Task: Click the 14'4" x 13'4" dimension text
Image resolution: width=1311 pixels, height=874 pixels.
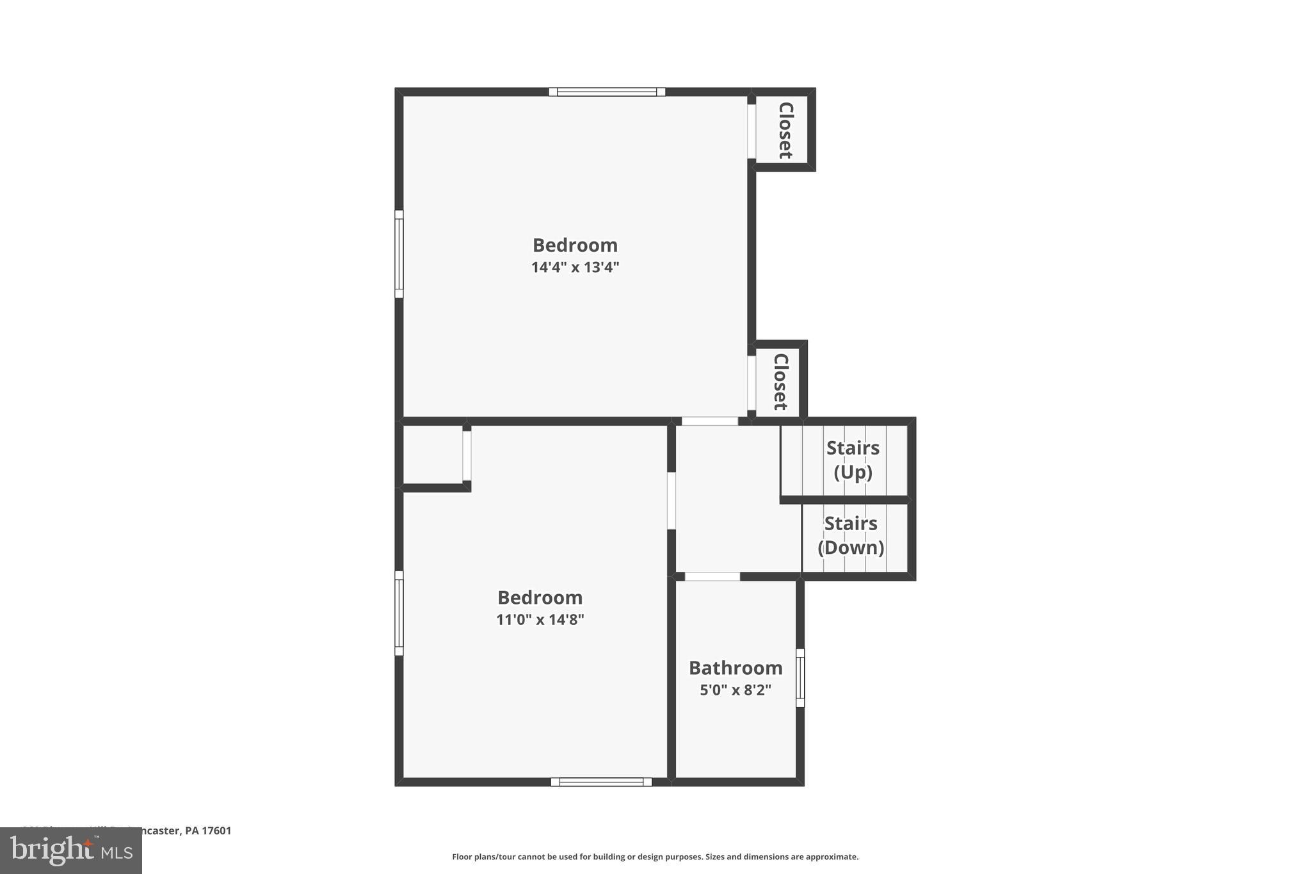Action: pos(575,267)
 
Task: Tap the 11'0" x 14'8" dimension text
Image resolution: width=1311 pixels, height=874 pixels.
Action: pos(540,619)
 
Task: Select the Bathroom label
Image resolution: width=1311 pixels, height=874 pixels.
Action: pos(736,668)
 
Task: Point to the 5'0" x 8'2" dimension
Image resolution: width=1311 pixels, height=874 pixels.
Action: pos(736,690)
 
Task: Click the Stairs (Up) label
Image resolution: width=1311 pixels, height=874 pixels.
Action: pos(853,460)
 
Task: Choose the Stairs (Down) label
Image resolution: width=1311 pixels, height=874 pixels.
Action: pos(851,535)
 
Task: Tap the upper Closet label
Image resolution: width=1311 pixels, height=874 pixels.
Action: pos(785,130)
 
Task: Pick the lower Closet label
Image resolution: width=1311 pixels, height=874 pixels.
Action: pos(780,382)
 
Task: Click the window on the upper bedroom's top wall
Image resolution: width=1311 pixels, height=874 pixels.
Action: pos(607,92)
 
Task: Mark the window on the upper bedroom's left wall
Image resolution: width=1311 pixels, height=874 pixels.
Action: pos(399,254)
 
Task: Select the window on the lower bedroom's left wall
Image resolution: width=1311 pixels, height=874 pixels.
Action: pos(399,613)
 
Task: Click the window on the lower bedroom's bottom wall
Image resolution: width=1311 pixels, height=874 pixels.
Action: pos(601,782)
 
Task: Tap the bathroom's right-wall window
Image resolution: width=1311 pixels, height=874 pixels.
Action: pos(800,677)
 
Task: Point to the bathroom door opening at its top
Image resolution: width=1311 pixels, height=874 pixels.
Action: pos(712,577)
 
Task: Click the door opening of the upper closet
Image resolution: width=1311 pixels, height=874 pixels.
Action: pos(752,131)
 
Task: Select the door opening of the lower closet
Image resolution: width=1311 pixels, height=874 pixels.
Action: pos(752,383)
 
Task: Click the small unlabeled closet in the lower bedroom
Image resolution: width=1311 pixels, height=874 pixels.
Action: pos(433,455)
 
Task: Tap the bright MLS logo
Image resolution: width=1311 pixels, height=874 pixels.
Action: pos(71,850)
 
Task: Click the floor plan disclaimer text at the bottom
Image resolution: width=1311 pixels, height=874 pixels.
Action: pos(655,857)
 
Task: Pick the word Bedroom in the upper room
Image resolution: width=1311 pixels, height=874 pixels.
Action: pos(575,245)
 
